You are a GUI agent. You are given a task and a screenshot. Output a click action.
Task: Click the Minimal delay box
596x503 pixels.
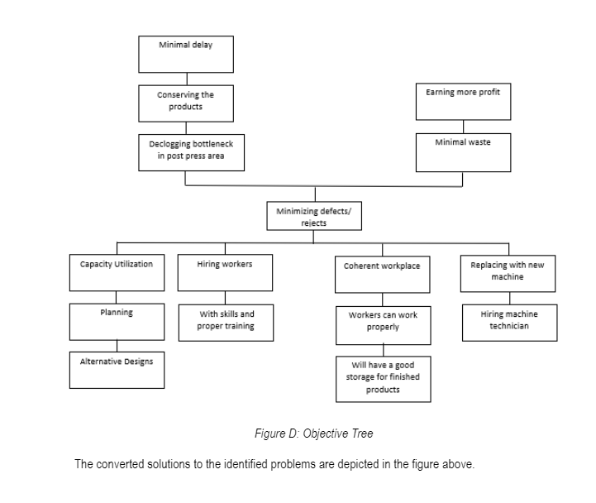[185, 54]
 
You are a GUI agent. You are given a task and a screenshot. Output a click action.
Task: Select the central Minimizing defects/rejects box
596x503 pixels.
[313, 217]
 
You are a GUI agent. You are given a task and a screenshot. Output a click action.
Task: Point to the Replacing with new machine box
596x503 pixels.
[508, 273]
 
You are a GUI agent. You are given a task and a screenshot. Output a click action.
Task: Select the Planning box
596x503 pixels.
[117, 322]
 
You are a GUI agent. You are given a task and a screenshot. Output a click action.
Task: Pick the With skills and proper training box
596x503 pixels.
[225, 322]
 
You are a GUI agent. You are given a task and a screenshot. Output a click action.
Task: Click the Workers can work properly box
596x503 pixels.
[383, 325]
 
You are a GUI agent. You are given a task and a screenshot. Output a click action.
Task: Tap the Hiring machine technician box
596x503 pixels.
[508, 322]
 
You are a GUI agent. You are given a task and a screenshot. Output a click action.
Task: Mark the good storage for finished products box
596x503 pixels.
[383, 378]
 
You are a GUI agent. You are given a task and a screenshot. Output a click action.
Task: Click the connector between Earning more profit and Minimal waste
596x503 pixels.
[463, 126]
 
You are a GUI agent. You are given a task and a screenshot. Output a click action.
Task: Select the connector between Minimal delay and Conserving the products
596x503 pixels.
[186, 79]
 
